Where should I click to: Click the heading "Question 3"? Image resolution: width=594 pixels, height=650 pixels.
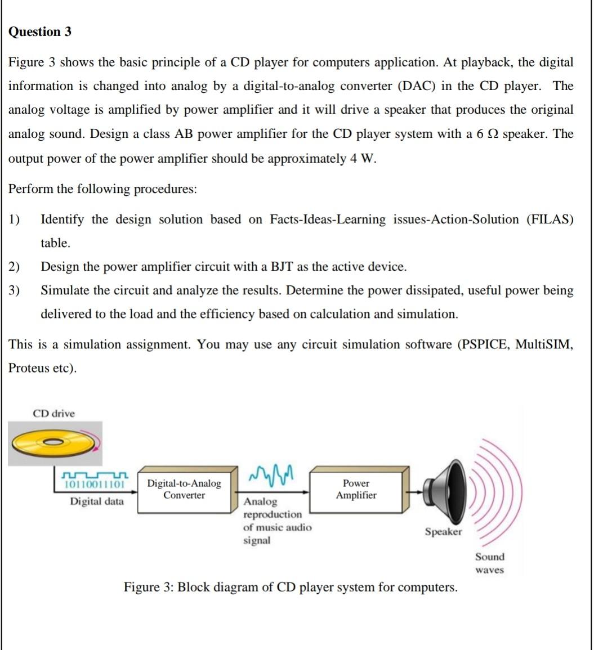[40, 32]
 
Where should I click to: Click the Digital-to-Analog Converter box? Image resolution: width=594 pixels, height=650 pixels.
[184, 490]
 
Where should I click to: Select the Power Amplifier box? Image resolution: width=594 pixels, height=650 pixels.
[356, 490]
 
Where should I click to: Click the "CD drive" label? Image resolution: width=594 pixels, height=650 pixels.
[53, 414]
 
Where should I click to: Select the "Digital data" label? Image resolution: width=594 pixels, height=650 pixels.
[97, 501]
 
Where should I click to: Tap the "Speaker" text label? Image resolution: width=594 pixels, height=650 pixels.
[443, 532]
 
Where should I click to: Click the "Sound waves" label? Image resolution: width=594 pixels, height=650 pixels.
[489, 563]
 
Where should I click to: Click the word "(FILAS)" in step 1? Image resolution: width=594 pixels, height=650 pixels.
[550, 219]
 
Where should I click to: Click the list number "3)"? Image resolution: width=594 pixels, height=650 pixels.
[14, 290]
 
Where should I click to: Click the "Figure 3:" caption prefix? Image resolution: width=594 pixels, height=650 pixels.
[149, 588]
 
